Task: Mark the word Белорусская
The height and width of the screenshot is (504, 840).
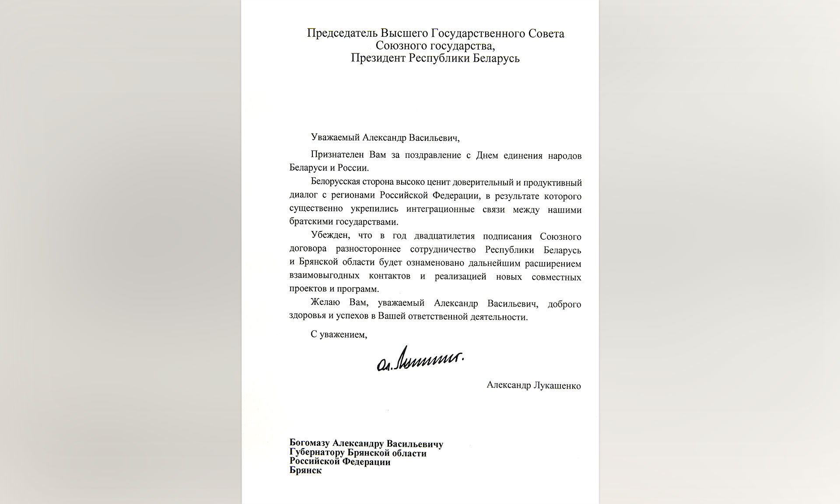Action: click(336, 182)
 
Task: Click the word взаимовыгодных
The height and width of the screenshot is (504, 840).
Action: click(324, 276)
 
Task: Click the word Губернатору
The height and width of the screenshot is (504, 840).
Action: click(317, 453)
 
